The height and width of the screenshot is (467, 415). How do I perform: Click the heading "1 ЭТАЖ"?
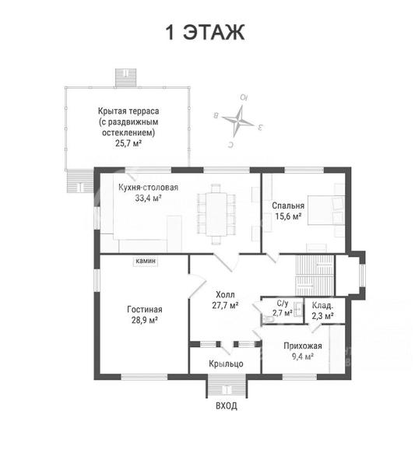205,32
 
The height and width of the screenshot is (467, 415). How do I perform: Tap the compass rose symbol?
239,121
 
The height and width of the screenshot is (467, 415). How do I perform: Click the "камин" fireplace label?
146,261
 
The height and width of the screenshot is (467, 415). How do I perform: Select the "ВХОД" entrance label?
227,406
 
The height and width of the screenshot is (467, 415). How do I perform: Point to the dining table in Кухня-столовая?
216,215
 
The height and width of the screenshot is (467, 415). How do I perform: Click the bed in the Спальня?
326,210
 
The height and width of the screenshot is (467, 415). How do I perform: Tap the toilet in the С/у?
268,319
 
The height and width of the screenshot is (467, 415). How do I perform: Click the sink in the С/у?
297,310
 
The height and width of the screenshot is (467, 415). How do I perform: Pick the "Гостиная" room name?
145,310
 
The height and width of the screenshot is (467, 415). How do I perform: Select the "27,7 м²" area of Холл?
225,305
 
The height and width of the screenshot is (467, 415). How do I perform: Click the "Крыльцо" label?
226,364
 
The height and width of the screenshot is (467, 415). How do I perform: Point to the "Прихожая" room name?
303,346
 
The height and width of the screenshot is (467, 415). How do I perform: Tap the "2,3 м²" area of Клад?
322,316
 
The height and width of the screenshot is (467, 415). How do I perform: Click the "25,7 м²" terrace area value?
128,143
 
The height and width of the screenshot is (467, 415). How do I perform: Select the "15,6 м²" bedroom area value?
288,216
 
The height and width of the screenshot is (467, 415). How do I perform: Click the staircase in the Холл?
315,276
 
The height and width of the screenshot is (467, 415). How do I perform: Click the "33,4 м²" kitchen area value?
148,198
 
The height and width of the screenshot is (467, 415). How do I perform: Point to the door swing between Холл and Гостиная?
197,286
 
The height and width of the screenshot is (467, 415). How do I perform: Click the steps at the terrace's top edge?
125,77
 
